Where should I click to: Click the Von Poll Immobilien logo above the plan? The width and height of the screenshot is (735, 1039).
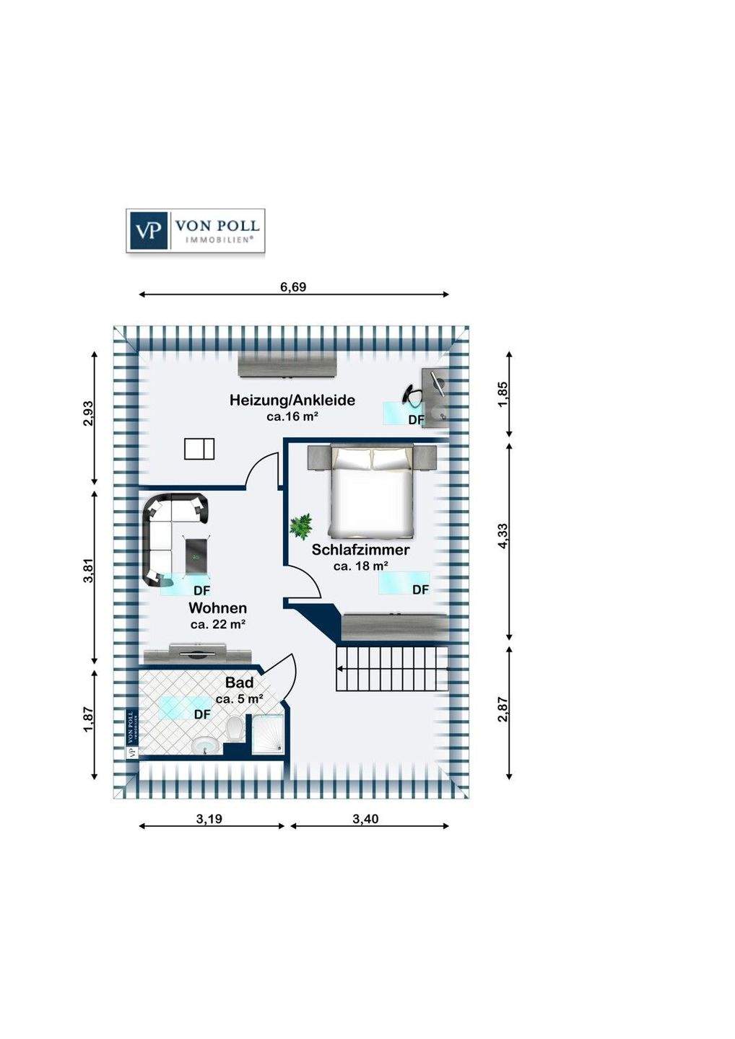tap(195, 230)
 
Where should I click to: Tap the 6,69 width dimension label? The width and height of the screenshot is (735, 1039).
tap(293, 286)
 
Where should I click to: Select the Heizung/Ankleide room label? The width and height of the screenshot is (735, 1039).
tap(292, 400)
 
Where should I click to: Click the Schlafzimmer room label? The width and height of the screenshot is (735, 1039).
tap(360, 550)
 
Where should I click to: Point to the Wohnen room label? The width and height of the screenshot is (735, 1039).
tap(217, 608)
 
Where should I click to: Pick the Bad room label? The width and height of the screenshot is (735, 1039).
tap(239, 683)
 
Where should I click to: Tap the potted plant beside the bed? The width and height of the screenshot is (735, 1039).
tap(300, 525)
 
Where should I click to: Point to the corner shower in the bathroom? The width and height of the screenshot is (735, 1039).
tap(267, 735)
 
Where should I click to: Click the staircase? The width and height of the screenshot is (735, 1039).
tap(391, 669)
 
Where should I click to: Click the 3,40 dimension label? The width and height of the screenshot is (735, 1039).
tap(365, 818)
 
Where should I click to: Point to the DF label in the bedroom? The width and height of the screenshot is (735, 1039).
tap(420, 589)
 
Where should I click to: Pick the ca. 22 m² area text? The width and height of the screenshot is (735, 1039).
tap(217, 625)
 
